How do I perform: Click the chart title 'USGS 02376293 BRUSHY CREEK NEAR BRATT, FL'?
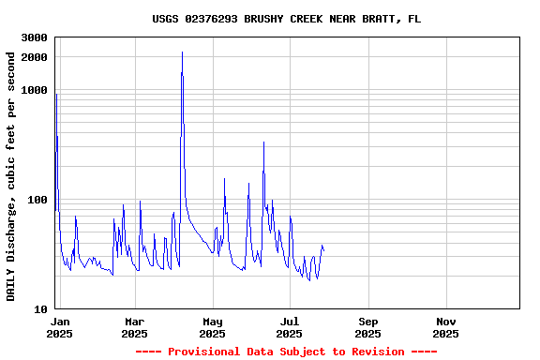[x=286, y=19]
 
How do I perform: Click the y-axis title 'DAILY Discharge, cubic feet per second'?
[x=11, y=176]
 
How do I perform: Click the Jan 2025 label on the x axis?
[x=59, y=327]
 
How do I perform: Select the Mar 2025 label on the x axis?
[x=134, y=327]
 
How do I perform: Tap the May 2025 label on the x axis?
[x=212, y=327]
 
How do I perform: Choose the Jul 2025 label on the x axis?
[x=290, y=327]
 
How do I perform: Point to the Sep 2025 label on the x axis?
[x=368, y=327]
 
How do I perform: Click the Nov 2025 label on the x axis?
[x=446, y=327]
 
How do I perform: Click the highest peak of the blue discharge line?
[x=182, y=52]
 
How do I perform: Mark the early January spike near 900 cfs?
[x=56, y=95]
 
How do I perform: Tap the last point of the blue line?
[x=323, y=249]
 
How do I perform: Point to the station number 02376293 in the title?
[x=215, y=19]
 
